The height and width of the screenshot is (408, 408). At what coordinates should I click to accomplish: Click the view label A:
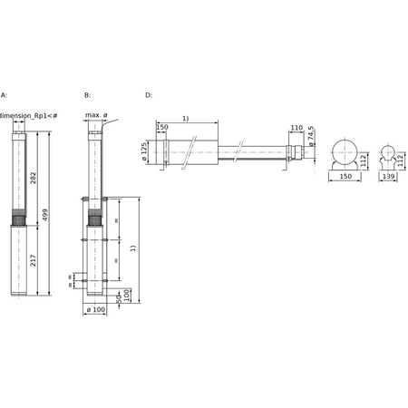[x=4, y=94]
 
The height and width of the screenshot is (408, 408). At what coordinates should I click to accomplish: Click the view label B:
[x=87, y=94]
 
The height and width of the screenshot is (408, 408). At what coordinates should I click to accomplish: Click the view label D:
[x=150, y=94]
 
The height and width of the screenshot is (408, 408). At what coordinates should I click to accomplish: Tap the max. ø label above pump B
[x=96, y=115]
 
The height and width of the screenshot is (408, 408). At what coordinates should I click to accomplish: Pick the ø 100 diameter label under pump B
[x=95, y=310]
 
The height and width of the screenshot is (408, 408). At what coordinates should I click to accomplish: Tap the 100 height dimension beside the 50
[x=128, y=295]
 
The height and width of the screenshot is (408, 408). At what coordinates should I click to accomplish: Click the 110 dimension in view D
[x=296, y=128]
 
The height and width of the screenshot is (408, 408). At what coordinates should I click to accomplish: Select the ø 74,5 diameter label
[x=310, y=136]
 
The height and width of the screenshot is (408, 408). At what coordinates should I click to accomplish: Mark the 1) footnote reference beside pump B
[x=133, y=248]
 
